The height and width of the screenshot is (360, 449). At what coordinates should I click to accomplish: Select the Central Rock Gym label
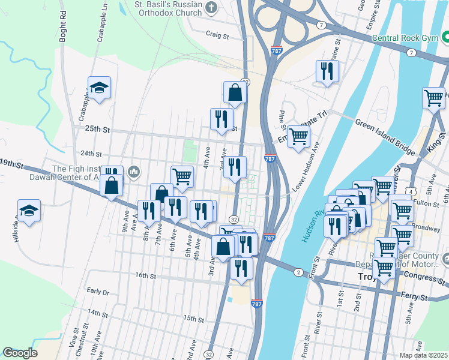tap(409, 37)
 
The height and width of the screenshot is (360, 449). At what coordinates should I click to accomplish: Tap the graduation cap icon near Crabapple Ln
tap(99, 88)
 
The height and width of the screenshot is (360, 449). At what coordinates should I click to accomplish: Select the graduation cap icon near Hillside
tap(29, 211)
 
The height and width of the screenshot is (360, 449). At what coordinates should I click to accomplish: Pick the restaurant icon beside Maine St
tap(327, 71)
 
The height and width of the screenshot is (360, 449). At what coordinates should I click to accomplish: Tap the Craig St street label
tap(218, 35)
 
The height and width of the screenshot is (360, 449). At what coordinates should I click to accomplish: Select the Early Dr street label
tap(97, 292)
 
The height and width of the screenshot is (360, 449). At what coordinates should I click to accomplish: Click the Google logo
tap(20, 353)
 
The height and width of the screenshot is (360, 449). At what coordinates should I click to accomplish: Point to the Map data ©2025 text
tap(423, 355)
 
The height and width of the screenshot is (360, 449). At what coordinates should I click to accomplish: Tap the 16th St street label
tap(145, 276)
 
